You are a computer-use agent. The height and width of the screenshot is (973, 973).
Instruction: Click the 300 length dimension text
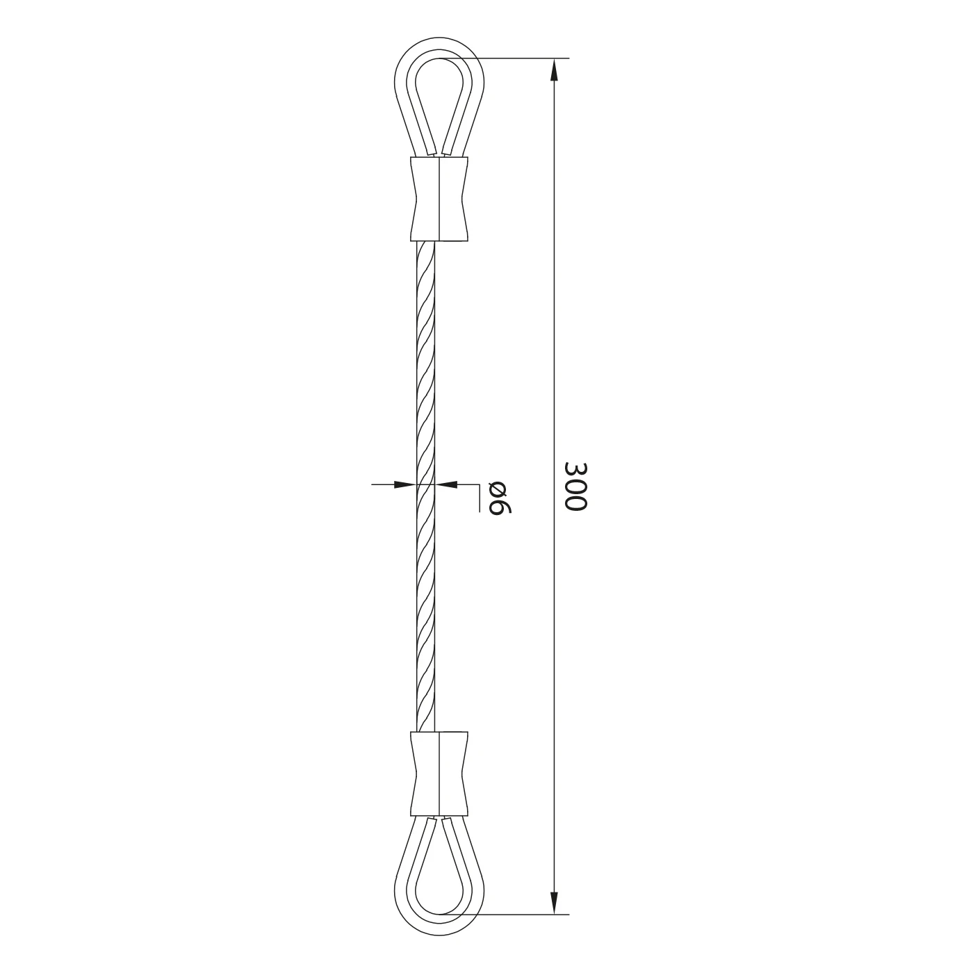click(x=575, y=486)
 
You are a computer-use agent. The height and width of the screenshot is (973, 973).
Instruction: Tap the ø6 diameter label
click(x=500, y=497)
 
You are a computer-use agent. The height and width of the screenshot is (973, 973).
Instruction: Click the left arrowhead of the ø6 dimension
click(x=406, y=484)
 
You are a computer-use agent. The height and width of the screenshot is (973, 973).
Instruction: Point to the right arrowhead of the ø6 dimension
click(x=446, y=484)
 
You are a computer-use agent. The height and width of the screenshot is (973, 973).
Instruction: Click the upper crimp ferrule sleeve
click(x=439, y=199)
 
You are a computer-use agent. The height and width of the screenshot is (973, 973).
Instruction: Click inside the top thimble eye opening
click(x=439, y=96)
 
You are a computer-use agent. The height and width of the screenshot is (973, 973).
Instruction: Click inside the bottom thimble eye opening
click(x=439, y=863)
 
